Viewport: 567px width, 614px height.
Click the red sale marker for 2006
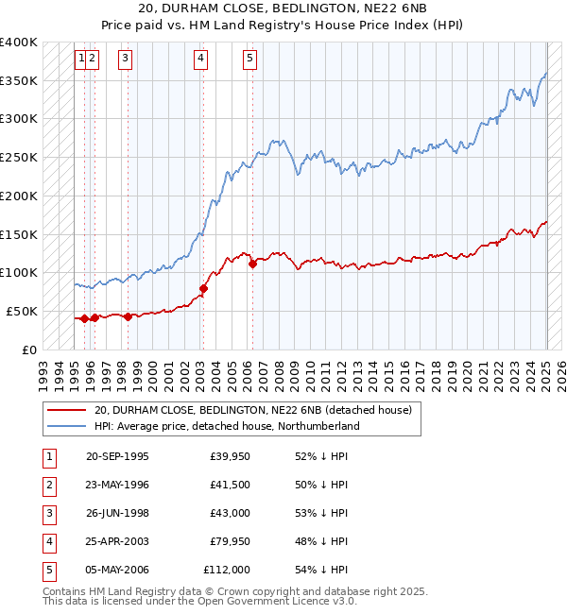tap(252, 264)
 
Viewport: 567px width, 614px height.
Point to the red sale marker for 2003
tap(203, 288)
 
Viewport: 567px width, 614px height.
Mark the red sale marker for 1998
tap(128, 317)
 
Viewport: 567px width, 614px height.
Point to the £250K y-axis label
tap(19, 157)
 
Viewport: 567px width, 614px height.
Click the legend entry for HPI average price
tap(227, 426)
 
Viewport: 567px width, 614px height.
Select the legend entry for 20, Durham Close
tap(252, 411)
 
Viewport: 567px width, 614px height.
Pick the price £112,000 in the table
tap(227, 570)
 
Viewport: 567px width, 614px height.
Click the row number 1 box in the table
tap(49, 455)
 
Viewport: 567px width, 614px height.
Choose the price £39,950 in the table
tap(230, 455)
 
